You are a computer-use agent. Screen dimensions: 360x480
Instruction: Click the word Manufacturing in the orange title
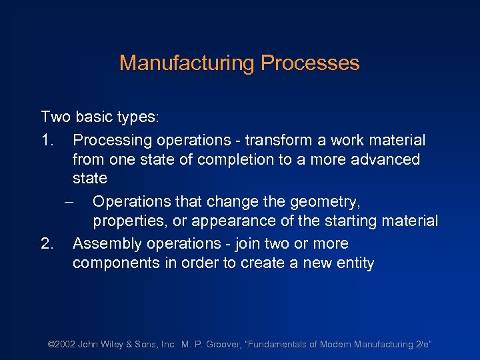(x=187, y=63)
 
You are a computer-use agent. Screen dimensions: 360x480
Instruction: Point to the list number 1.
(x=47, y=141)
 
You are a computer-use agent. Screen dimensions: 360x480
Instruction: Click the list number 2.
(x=47, y=244)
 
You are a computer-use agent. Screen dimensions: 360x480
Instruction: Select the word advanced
(x=385, y=159)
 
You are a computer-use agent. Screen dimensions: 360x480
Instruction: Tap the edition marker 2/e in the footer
(x=423, y=344)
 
